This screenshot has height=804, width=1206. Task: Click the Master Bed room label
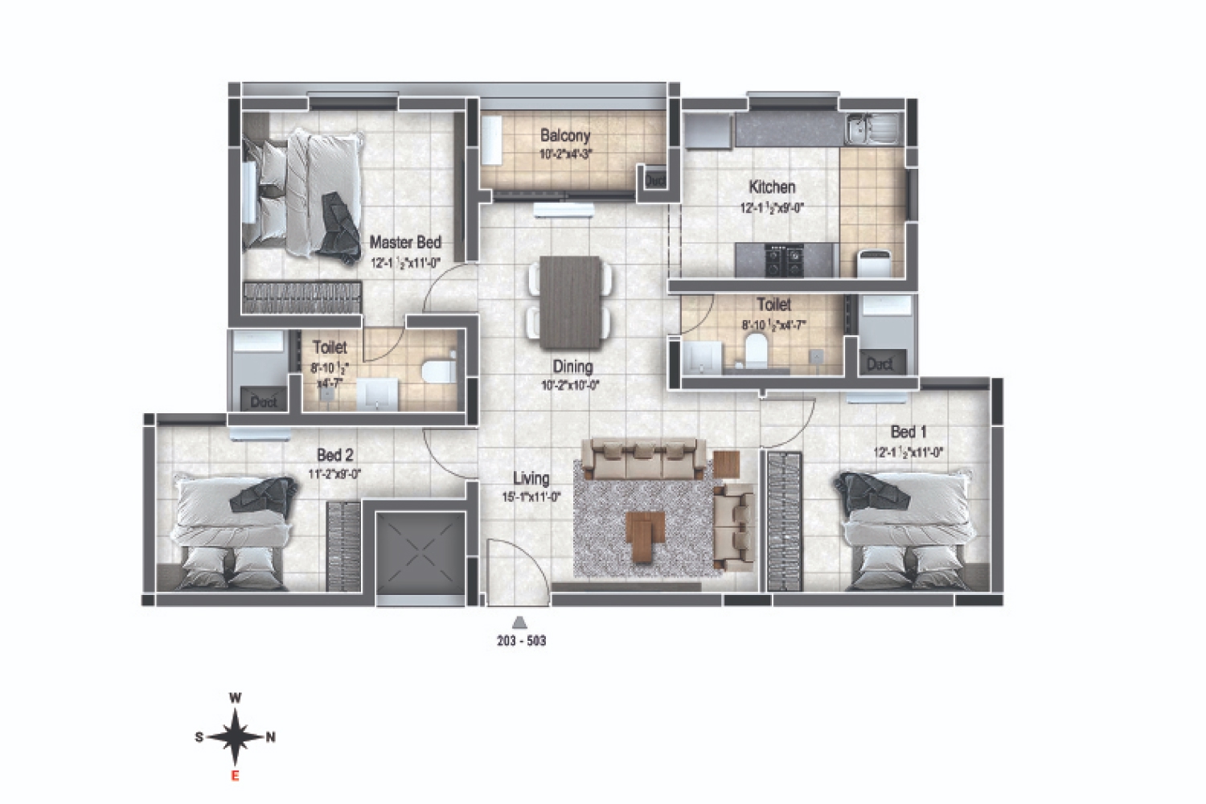point(405,242)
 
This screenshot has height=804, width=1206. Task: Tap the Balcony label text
point(565,135)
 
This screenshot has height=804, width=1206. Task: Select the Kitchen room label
point(772,187)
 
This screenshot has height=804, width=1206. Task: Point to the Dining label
point(572,367)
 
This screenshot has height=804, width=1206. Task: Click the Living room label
point(531,478)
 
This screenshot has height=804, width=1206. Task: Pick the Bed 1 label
point(909,433)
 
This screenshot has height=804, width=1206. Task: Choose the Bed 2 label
point(335,455)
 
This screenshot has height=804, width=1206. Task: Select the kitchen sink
point(872,129)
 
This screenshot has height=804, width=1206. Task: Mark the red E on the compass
point(235,776)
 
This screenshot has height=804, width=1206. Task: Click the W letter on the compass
point(235,698)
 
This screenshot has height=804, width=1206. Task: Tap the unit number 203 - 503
point(521,641)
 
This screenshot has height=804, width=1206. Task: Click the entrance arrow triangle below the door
point(520,621)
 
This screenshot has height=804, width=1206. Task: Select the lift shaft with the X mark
point(420,554)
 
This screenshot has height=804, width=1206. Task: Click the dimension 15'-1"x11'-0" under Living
point(531,497)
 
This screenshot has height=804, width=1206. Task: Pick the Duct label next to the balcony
point(654,181)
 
